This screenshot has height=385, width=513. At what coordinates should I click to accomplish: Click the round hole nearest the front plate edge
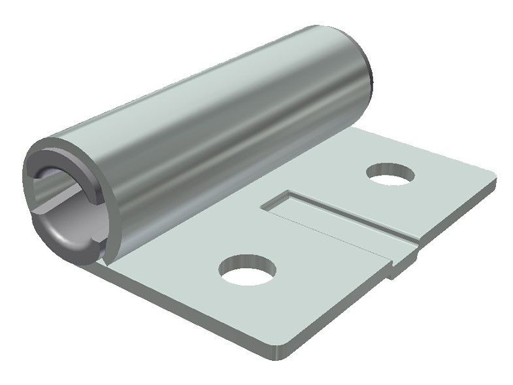point(248,270)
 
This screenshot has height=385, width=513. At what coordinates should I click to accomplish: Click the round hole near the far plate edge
point(391,174)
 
